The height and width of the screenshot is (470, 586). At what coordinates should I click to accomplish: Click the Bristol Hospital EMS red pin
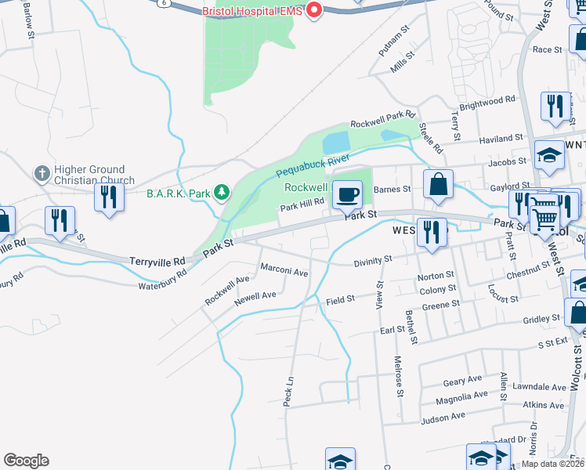coord(314,11)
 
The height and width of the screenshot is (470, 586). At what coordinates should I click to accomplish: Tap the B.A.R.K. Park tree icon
coord(222,192)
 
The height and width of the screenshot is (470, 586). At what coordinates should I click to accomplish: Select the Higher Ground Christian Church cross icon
coord(42,172)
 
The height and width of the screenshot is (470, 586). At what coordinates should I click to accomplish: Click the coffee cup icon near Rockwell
coord(346,193)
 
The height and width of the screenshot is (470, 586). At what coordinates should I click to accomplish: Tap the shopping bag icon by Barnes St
coord(439,184)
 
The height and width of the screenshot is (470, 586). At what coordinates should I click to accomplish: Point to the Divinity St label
coord(371,261)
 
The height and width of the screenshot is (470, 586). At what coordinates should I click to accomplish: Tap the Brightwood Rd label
coord(487,103)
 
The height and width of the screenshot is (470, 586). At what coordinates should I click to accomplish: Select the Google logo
coord(26,460)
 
